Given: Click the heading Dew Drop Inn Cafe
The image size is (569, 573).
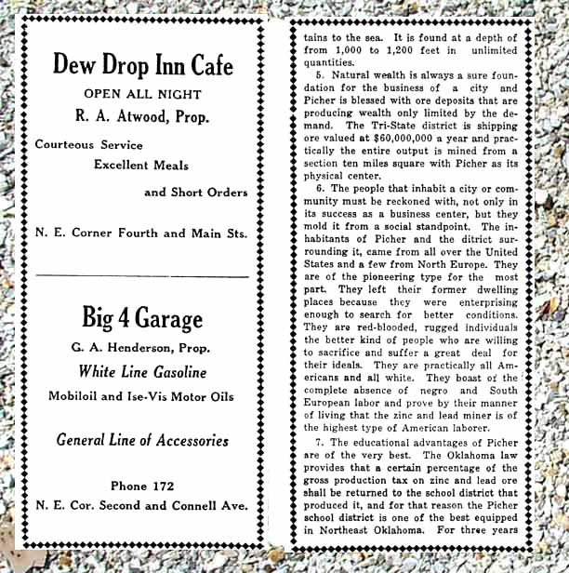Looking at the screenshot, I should point(142,64).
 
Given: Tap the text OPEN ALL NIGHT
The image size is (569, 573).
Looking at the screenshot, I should point(142,94).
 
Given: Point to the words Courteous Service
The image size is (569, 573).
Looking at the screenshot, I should point(89,145).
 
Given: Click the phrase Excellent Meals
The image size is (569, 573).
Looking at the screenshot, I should point(141,166).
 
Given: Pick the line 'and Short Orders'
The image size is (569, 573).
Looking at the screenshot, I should point(196,193).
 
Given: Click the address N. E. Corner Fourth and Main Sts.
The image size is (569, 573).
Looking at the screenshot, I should point(142,233).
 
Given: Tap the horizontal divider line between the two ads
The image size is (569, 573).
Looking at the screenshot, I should point(142,276).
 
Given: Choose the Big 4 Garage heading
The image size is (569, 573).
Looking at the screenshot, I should point(142,319).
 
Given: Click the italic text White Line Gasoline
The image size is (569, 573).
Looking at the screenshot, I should point(142,373).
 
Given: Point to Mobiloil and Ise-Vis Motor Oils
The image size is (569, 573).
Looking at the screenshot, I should point(142,396).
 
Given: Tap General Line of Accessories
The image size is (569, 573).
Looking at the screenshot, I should point(142,440).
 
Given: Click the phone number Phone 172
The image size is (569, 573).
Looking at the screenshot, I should point(142,486).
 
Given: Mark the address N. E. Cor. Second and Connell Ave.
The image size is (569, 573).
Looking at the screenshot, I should point(142,506).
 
